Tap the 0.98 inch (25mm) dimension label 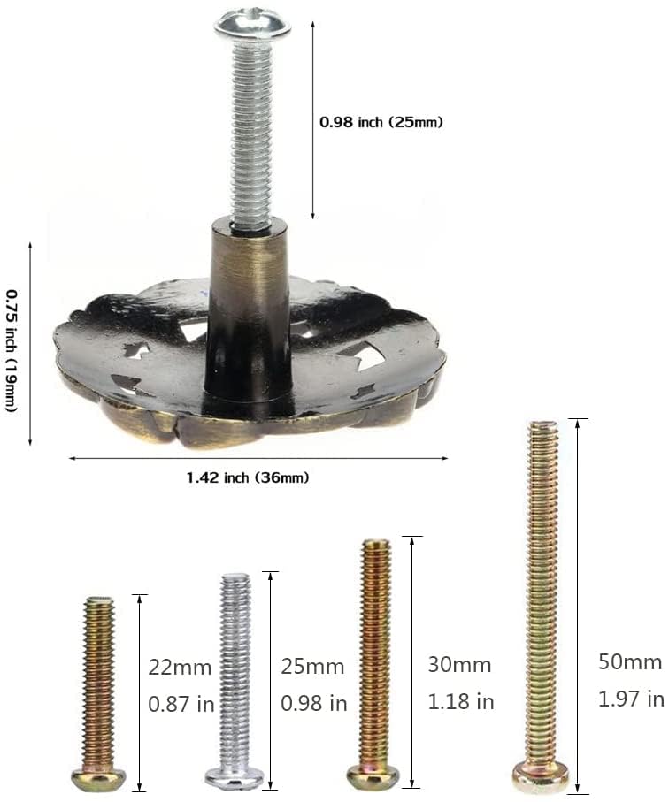pos(381,122)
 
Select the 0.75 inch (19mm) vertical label pos(12,350)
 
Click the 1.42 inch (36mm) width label pos(248,477)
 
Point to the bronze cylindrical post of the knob pos(249,307)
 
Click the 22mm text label pos(180,668)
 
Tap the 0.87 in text pos(181,705)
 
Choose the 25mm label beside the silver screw pos(312,667)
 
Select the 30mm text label pos(459,664)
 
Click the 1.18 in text pos(461,701)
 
